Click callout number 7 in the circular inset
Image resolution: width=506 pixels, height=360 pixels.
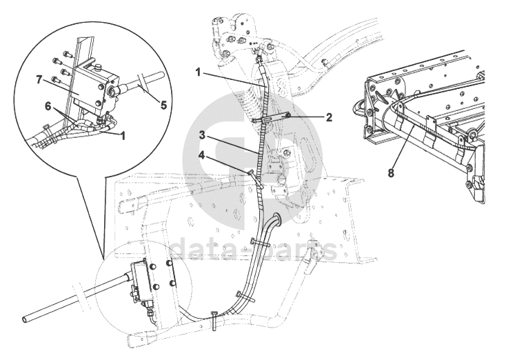point(39,80)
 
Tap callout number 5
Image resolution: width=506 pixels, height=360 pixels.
point(164,105)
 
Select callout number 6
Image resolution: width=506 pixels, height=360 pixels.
point(48,106)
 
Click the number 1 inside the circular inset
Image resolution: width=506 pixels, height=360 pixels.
point(122,136)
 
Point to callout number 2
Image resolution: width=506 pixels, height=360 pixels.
point(329,117)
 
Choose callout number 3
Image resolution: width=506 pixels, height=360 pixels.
point(202,135)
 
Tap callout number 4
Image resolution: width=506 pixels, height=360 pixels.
point(201,155)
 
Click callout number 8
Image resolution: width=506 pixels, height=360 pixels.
point(391,173)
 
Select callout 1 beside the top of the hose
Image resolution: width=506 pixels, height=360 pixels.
point(198,72)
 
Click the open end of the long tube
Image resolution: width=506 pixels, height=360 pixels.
point(25,319)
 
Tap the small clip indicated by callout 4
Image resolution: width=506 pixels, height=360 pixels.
point(254,177)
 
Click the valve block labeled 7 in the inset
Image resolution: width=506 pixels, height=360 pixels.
point(92,87)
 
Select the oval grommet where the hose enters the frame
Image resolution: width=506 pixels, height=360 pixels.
point(276,218)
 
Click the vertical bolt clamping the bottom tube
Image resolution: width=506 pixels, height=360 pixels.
point(215,320)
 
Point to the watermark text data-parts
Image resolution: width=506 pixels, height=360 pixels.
point(253,249)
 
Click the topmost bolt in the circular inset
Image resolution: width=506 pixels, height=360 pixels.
point(67,53)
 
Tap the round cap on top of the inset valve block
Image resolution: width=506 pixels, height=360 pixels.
point(97,67)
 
